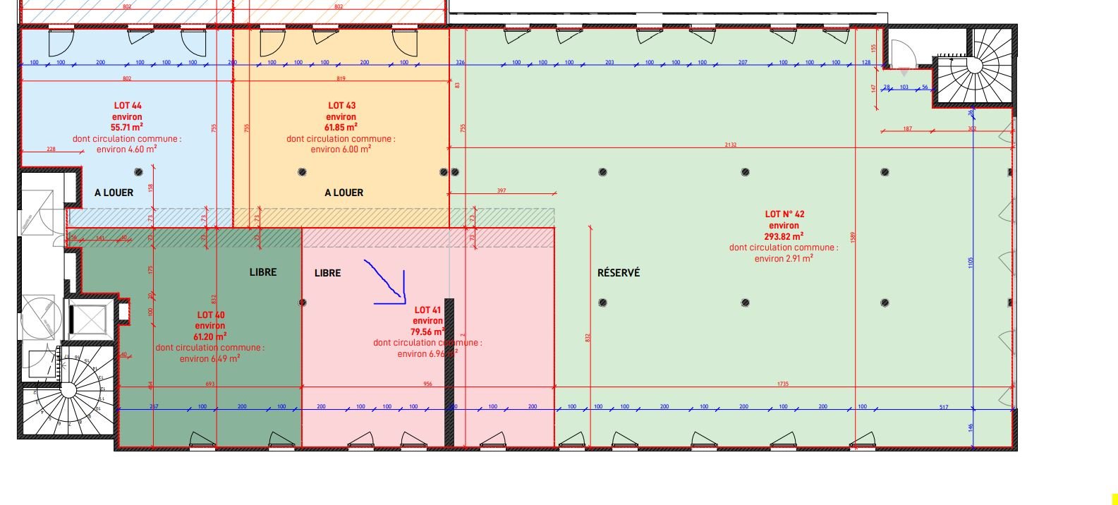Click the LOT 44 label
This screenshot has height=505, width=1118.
point(127,106)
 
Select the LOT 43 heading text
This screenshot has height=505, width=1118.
point(341,106)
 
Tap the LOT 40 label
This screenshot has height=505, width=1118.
point(210,315)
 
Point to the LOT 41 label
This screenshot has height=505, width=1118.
point(428,310)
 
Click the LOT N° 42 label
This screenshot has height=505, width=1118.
point(784,214)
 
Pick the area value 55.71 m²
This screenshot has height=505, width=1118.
point(127,128)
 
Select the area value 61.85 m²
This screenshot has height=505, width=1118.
point(341,128)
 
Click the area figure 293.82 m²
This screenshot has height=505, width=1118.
point(784,236)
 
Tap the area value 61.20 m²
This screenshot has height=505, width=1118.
point(210,336)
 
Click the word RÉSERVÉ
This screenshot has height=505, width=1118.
point(619,273)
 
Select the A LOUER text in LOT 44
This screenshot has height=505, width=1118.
point(114,193)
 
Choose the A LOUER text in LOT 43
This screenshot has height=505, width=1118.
point(344,193)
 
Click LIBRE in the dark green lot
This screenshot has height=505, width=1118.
point(263,272)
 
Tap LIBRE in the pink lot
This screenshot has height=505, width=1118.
point(327,273)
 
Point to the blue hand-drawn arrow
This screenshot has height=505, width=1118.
point(388,284)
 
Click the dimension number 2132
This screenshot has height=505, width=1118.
point(730,145)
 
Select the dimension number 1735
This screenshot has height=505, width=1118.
point(782,384)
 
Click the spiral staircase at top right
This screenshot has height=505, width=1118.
point(974,66)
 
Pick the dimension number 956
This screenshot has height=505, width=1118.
point(427,384)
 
